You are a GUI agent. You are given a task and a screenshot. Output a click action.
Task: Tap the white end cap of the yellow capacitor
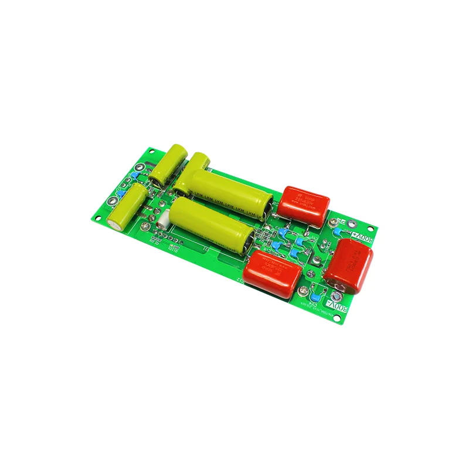[x=113, y=222]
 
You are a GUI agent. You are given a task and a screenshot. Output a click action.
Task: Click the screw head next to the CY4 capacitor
[x=304, y=293]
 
